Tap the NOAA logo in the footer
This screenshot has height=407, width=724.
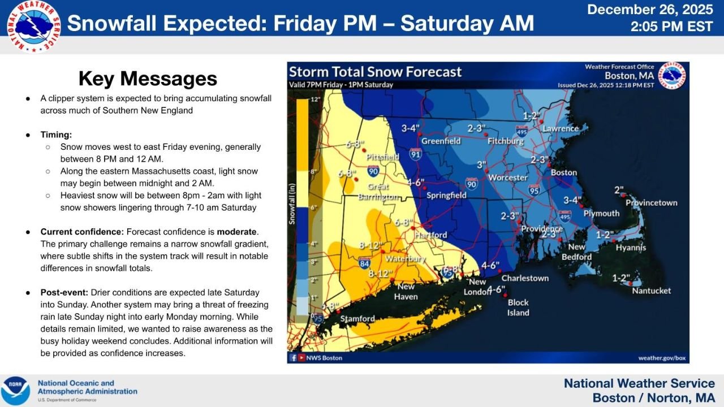click(15, 391)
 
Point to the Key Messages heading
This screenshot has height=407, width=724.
click(148, 79)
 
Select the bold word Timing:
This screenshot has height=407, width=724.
click(56, 135)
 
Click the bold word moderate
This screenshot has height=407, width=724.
click(238, 232)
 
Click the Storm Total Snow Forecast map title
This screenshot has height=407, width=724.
click(376, 72)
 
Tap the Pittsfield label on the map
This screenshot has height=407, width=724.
click(383, 157)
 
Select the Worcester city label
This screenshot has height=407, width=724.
click(507, 177)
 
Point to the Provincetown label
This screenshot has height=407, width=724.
click(651, 203)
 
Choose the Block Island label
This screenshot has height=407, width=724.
click(518, 308)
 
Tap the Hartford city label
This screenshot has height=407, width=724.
click(430, 235)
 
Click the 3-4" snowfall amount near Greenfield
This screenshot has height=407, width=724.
click(411, 128)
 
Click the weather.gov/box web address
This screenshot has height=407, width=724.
click(662, 358)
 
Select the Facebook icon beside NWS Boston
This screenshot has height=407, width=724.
click(294, 358)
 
